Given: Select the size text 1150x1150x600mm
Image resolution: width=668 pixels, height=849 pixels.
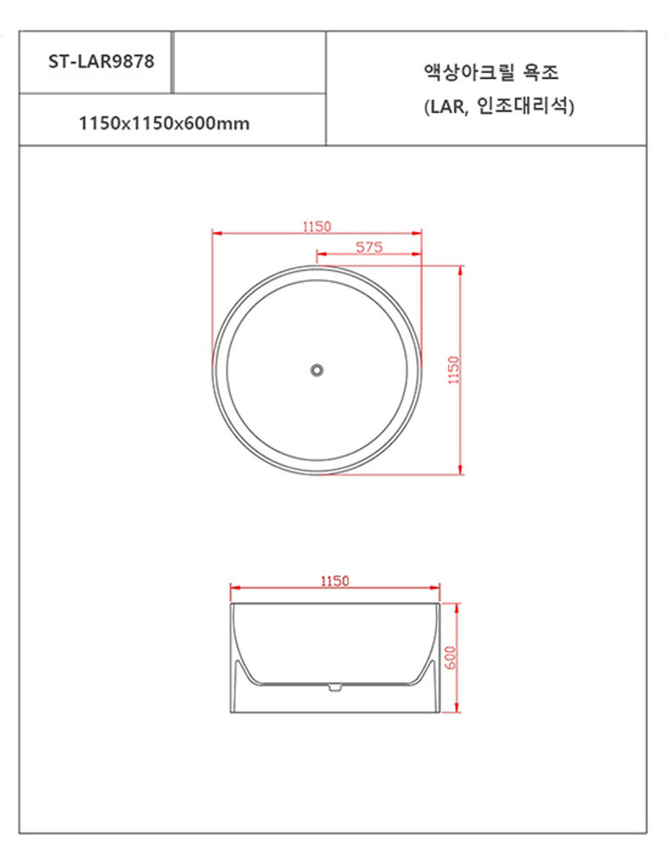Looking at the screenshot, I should [x=164, y=123].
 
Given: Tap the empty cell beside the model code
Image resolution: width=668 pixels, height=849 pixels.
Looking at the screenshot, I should [x=250, y=62].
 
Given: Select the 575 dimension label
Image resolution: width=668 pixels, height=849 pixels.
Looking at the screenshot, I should [x=369, y=247].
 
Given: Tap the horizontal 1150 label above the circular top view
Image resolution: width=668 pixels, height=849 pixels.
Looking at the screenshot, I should [x=316, y=226].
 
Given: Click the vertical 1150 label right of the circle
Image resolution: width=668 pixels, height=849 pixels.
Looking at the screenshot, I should [x=453, y=370].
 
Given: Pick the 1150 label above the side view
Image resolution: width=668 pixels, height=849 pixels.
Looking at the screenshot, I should [x=334, y=581].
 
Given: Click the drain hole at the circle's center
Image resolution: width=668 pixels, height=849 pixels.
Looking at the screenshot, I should [x=317, y=370].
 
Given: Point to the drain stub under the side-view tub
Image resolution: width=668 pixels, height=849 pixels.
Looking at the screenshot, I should [x=334, y=686].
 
